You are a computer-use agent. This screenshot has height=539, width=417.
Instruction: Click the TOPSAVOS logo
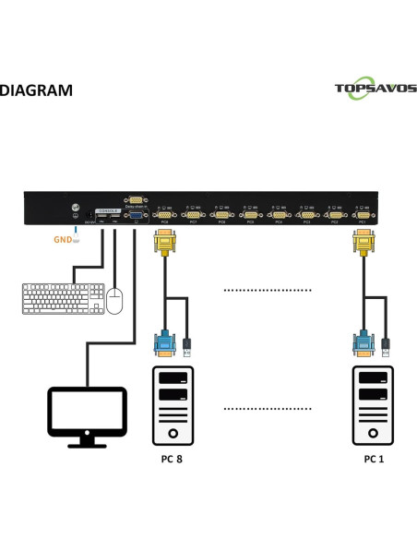[375, 90]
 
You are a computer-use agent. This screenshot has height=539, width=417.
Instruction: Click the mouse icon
[114, 301]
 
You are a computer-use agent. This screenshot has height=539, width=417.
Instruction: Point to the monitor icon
[87, 415]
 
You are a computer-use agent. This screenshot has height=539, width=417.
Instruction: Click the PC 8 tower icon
[173, 405]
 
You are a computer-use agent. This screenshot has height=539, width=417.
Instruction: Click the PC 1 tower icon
[375, 405]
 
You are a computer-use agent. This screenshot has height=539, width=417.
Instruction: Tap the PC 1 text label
[375, 459]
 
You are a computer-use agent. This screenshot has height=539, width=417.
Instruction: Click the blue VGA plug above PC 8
[165, 344]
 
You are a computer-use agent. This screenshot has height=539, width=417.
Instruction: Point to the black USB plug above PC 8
[187, 345]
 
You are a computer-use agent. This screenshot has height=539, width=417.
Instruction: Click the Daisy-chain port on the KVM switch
[135, 200]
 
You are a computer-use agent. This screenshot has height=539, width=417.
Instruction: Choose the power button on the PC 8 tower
[173, 433]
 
